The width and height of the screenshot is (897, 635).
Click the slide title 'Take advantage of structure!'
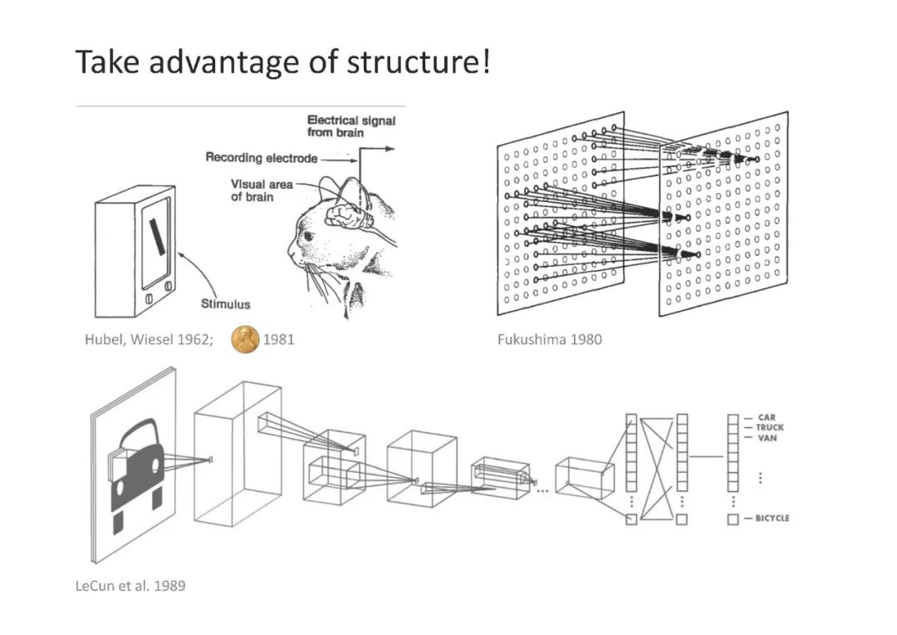282,62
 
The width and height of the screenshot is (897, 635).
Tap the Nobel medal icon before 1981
244,339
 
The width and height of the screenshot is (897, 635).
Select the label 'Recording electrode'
261,158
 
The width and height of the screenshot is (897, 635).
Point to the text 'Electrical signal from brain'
351,126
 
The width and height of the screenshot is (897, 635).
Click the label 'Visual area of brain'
262,190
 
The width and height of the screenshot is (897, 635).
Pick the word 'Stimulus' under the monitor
225,304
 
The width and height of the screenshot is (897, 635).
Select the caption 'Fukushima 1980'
549,339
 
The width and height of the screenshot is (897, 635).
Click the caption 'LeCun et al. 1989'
130,586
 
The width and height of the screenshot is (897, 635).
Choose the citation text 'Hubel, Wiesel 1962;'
149,339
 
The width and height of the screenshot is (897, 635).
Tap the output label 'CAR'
766,418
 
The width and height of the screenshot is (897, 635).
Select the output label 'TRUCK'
769,428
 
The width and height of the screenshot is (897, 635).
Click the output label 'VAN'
767,438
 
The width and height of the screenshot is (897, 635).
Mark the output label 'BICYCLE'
772,519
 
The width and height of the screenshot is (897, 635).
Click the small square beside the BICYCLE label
733,519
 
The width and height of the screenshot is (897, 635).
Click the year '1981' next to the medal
279,339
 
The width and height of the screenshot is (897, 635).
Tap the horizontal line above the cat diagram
241,106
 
